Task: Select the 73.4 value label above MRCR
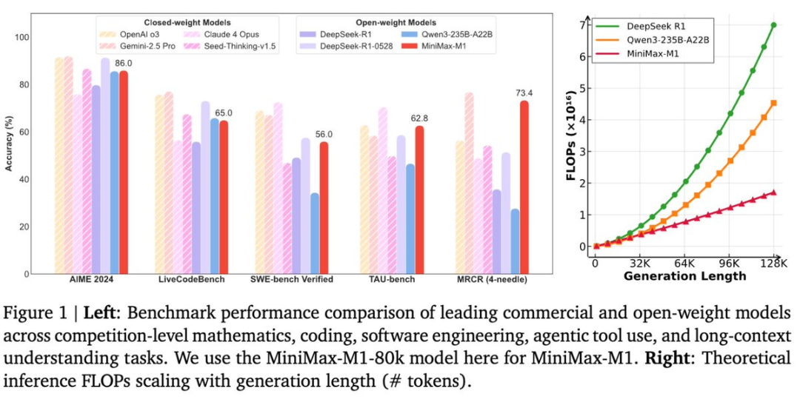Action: tap(524, 93)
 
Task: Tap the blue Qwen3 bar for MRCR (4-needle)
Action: tap(515, 241)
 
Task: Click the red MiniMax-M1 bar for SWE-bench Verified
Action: tap(324, 207)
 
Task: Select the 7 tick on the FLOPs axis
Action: tap(584, 24)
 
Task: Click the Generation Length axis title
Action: tap(684, 276)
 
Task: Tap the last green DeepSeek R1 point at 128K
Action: tap(774, 24)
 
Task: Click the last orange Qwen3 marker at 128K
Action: tap(774, 103)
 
